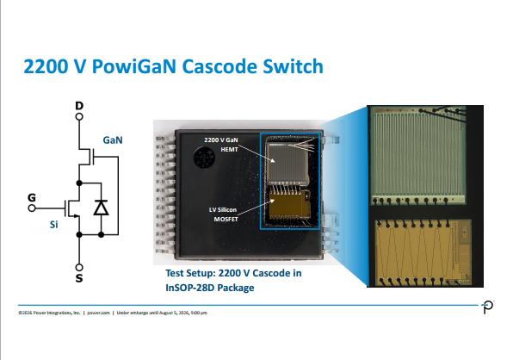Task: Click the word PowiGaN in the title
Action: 133,66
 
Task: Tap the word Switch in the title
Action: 294,66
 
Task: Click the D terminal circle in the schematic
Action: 79,116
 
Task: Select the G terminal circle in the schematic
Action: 32,208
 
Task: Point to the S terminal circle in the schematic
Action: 79,267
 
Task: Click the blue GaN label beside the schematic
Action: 113,140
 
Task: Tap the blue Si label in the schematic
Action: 53,225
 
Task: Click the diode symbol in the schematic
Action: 101,208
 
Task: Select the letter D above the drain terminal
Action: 79,106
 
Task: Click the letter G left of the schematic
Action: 32,198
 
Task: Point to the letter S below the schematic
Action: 79,278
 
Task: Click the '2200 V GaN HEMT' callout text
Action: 221,145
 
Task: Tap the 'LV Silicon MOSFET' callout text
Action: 223,214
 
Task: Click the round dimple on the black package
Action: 205,158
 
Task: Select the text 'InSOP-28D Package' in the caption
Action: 210,288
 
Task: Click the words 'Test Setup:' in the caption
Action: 190,273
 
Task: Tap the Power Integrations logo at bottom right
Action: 488,307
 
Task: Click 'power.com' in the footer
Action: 98,313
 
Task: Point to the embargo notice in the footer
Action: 162,313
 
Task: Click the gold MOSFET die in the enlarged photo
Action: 423,252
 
